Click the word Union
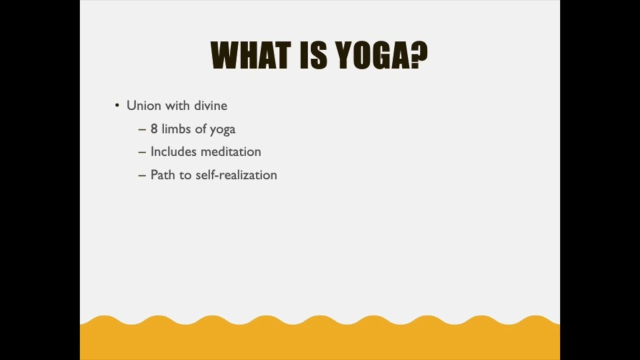coord(143,105)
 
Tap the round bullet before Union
coord(117,105)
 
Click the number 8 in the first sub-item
coord(154,129)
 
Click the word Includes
coord(173,151)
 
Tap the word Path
coord(162,175)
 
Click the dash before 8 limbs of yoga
coord(142,129)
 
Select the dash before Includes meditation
coord(142,152)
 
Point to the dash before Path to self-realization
coord(142,175)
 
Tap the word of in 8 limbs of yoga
coord(200,129)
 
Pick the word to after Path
coord(185,175)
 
